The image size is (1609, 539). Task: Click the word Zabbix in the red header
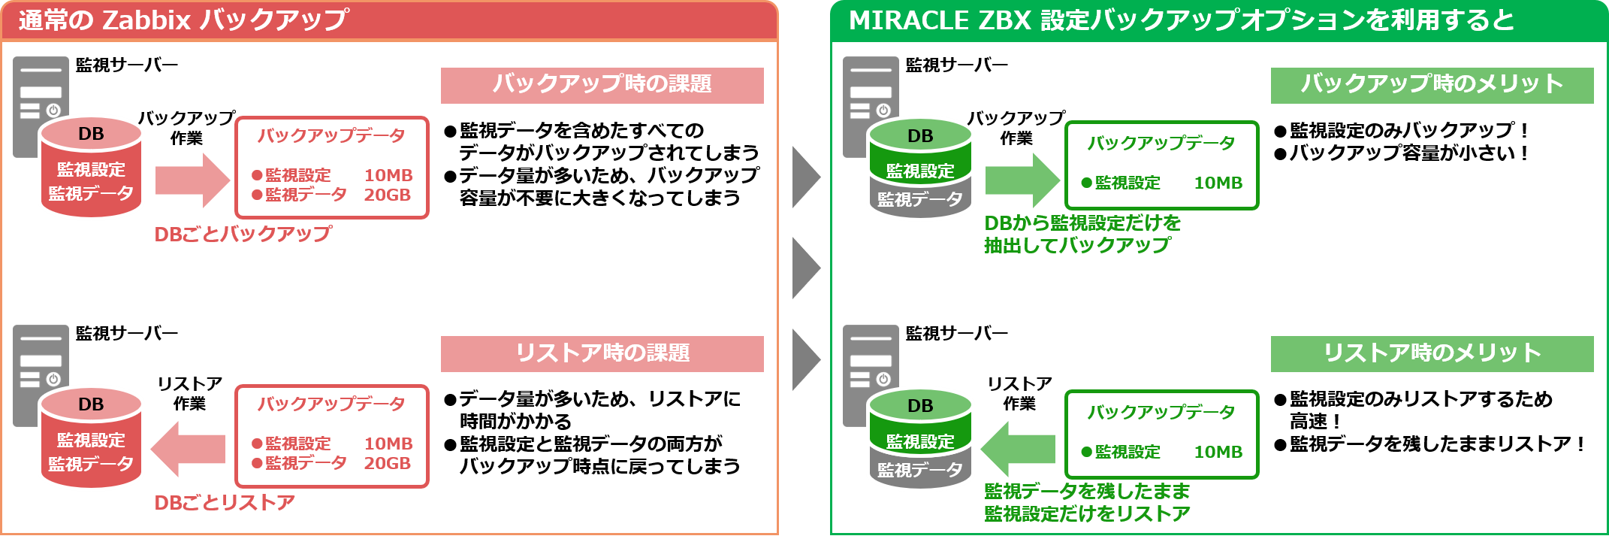(146, 20)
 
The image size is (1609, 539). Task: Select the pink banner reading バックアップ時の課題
(602, 85)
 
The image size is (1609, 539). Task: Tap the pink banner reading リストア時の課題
(602, 353)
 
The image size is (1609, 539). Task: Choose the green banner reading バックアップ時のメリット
(1432, 85)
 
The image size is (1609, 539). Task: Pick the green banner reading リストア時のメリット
(1432, 353)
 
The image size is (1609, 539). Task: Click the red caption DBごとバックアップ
(243, 234)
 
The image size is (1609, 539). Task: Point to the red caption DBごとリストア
(225, 502)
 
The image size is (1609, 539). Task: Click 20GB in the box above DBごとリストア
(387, 463)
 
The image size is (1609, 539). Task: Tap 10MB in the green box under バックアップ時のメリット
(1218, 183)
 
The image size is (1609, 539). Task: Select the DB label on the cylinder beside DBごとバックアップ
(91, 134)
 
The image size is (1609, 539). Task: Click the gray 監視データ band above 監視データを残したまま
(920, 470)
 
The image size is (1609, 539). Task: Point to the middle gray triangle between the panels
(805, 268)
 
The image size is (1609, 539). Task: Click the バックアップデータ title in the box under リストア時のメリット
(1161, 412)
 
